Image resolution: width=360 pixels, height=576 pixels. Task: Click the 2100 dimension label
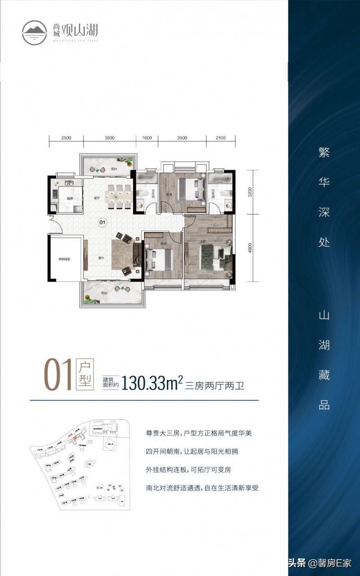220,138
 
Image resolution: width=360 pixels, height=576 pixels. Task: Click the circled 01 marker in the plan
102,222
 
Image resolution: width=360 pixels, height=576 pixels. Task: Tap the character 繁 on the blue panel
324,153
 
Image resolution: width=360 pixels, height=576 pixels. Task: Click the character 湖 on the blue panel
324,345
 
